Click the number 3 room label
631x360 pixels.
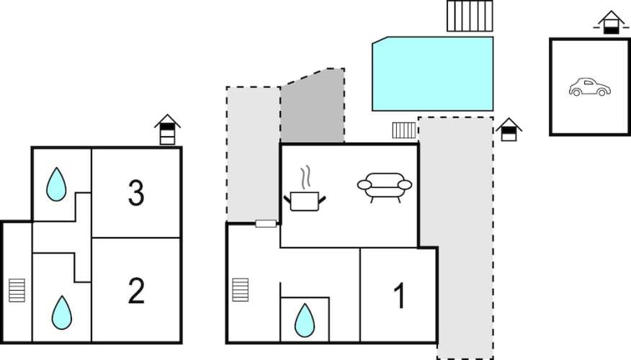tap(135, 192)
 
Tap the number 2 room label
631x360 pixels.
tap(135, 291)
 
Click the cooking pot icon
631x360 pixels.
tap(306, 199)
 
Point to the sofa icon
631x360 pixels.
tap(384, 186)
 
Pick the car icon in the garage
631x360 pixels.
tap(589, 88)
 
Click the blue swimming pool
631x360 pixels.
tap(432, 74)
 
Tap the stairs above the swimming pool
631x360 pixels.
tap(470, 16)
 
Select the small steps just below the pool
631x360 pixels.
tap(404, 130)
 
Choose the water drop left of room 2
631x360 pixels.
tap(62, 312)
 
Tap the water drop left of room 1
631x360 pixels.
tap(305, 319)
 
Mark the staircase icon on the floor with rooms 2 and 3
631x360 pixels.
tap(17, 290)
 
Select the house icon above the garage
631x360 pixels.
tap(610, 22)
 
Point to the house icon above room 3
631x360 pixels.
tap(167, 130)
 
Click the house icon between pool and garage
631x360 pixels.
tap(509, 130)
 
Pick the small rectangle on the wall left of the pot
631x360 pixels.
tap(266, 224)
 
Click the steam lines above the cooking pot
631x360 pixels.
tap(305, 176)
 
